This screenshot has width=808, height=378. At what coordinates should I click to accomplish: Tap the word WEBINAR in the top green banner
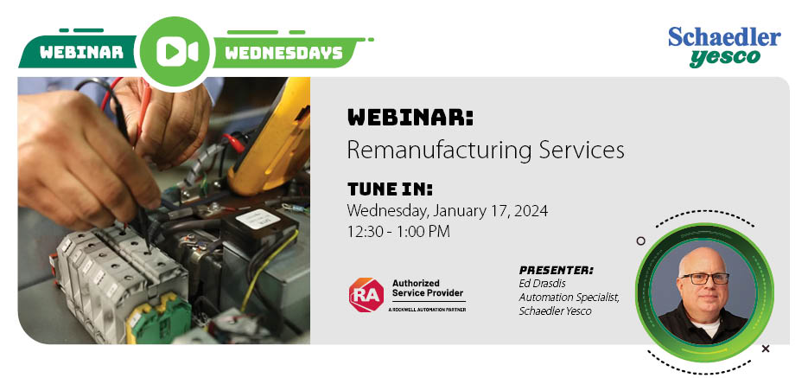[x=81, y=52]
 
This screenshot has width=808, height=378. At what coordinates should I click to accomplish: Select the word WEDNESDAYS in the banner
[x=284, y=52]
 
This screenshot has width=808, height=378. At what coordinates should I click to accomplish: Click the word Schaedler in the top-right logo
[x=724, y=37]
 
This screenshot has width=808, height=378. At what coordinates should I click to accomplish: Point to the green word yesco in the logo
[x=725, y=58]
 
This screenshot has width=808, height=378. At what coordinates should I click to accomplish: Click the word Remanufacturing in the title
[x=440, y=150]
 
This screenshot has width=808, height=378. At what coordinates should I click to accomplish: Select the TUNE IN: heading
[x=390, y=189]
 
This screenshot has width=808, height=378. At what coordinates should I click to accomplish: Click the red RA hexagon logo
[x=366, y=295]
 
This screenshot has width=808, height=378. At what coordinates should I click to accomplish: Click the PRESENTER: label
[x=556, y=270]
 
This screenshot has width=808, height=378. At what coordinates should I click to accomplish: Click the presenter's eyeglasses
[x=705, y=278]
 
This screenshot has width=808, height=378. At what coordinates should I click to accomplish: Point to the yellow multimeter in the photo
[x=270, y=137]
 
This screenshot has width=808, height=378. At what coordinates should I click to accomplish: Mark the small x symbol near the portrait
[x=766, y=349]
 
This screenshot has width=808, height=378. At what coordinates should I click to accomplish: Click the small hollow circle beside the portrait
[x=640, y=240]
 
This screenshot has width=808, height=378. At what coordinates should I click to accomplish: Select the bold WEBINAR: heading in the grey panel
[x=410, y=118]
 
